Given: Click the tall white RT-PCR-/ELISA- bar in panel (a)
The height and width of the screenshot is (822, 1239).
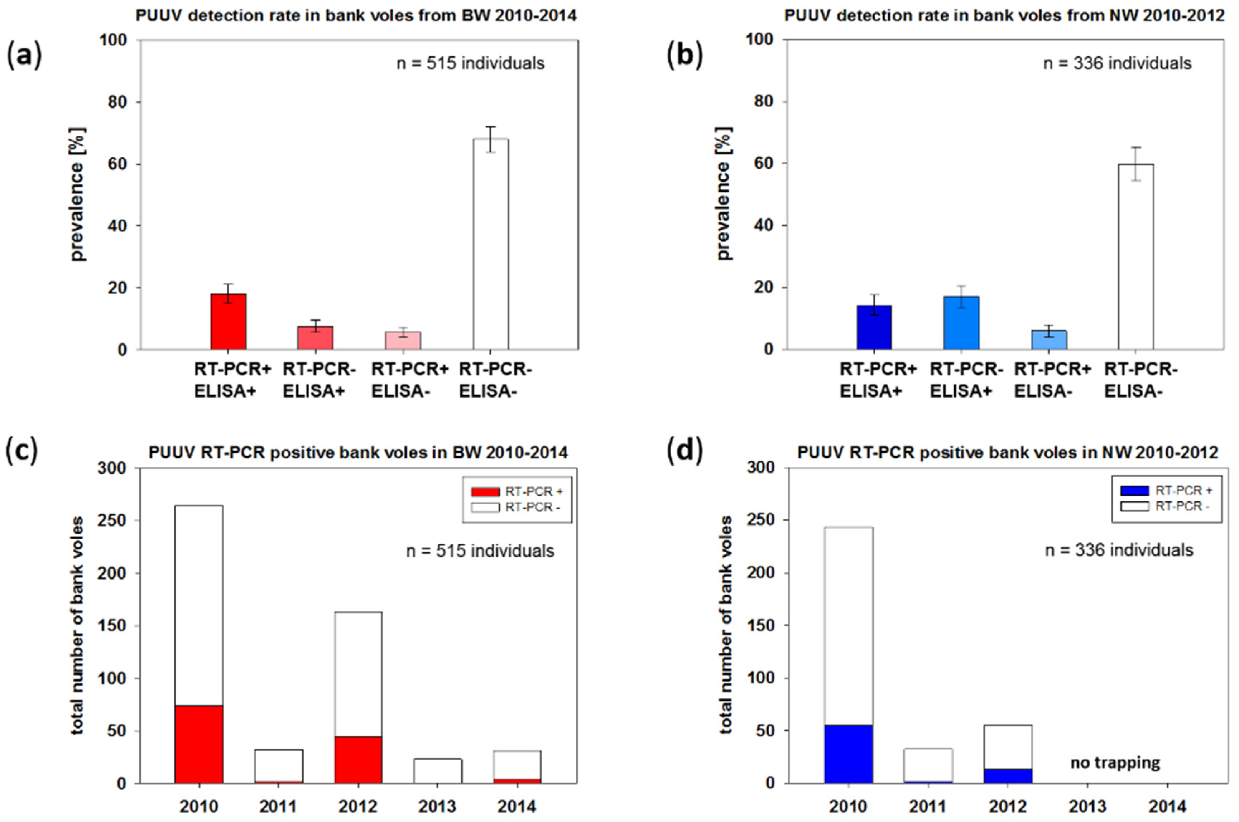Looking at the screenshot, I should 491,244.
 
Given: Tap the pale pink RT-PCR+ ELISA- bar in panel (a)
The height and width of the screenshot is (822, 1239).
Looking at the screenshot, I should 403,340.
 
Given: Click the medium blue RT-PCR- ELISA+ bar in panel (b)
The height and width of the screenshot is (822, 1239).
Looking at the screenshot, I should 961,323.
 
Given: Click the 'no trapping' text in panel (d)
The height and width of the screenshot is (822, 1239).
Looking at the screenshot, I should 1115,763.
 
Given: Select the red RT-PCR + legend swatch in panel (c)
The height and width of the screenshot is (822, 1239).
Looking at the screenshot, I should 485,492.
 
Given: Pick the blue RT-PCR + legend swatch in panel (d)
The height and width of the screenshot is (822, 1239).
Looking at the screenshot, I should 1134,491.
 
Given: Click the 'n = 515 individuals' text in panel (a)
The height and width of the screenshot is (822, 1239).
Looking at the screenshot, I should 470,63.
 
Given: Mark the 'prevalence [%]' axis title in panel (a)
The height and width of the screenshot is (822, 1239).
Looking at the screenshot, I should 78,194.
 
